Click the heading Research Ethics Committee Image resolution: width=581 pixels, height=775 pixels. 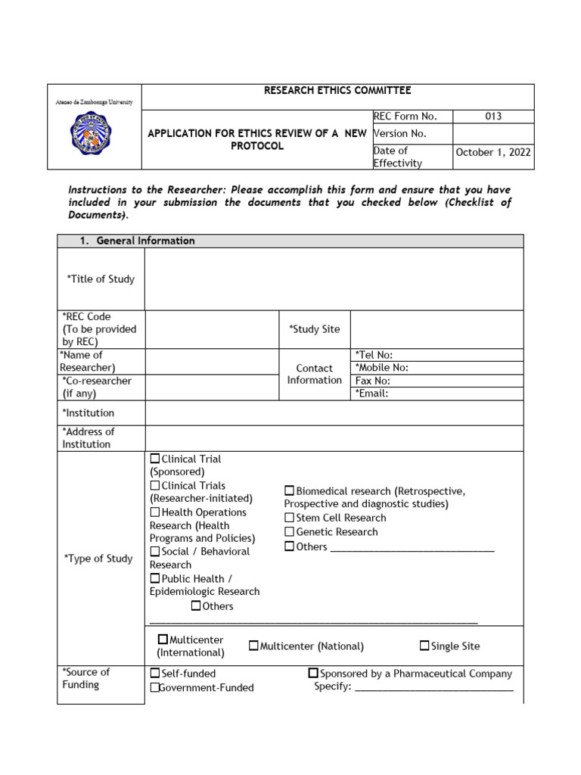pos(337,91)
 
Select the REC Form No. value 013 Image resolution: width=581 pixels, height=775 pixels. pos(493,117)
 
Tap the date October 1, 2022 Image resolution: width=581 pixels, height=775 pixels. pos(493,152)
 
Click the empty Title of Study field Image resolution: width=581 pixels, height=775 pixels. pos(334,279)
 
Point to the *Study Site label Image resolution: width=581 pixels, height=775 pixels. pos(314,329)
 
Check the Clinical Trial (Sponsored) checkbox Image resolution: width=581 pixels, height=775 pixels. pos(155,459)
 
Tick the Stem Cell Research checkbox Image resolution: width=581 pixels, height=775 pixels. pos(289,518)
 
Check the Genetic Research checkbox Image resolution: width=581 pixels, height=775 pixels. pos(289,532)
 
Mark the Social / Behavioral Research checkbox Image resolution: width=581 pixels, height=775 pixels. pos(155,552)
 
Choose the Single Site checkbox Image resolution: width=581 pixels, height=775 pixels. pos(424,646)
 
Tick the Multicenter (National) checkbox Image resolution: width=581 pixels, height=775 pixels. pos(253,646)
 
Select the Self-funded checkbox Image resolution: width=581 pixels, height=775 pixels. pos(155,673)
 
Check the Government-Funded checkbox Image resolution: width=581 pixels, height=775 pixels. pos(155,688)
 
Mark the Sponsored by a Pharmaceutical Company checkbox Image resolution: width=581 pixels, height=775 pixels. pos(313,673)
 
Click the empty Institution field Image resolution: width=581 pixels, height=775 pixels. pos(334,413)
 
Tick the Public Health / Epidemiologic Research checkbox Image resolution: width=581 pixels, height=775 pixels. pos(155,578)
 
